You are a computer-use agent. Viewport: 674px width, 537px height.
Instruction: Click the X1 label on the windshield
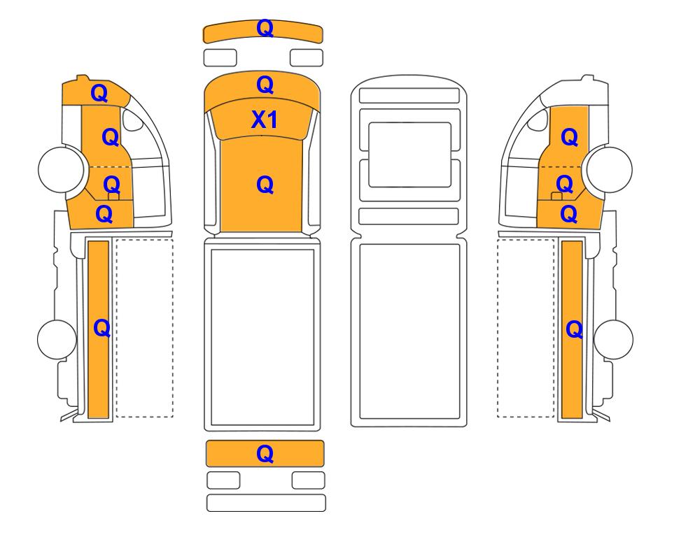click(x=265, y=120)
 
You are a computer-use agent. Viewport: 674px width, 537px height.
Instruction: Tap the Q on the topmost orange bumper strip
click(x=265, y=29)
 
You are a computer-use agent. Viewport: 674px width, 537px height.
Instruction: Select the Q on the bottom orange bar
click(x=265, y=453)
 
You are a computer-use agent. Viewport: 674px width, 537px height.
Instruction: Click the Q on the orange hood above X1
click(x=265, y=85)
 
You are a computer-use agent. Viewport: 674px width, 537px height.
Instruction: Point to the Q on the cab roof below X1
click(x=265, y=185)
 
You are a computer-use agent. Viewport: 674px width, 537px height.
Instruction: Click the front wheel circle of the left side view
click(x=61, y=169)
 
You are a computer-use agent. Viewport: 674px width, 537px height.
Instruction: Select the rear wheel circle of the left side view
click(x=57, y=339)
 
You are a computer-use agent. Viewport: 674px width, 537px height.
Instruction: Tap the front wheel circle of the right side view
click(x=610, y=169)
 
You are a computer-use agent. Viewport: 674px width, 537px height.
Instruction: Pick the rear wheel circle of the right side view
click(x=613, y=339)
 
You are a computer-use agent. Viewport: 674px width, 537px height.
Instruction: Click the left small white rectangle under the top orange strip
click(x=220, y=57)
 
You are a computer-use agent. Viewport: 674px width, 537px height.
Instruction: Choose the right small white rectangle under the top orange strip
click(x=307, y=57)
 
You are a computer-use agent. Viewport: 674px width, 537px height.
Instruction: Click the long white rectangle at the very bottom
click(x=266, y=503)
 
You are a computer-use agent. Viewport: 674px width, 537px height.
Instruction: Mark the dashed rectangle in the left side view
click(x=145, y=328)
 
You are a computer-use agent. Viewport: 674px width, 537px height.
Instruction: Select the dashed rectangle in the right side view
click(x=526, y=328)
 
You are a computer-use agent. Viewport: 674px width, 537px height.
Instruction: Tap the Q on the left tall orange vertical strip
click(x=102, y=328)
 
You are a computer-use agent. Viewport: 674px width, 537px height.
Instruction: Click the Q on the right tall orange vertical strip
click(x=575, y=329)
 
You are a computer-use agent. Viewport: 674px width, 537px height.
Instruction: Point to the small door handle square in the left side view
click(x=113, y=196)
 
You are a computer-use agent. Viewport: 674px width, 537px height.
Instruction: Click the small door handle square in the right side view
click(x=556, y=196)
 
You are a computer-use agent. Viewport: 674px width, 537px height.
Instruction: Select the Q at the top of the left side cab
click(x=99, y=93)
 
